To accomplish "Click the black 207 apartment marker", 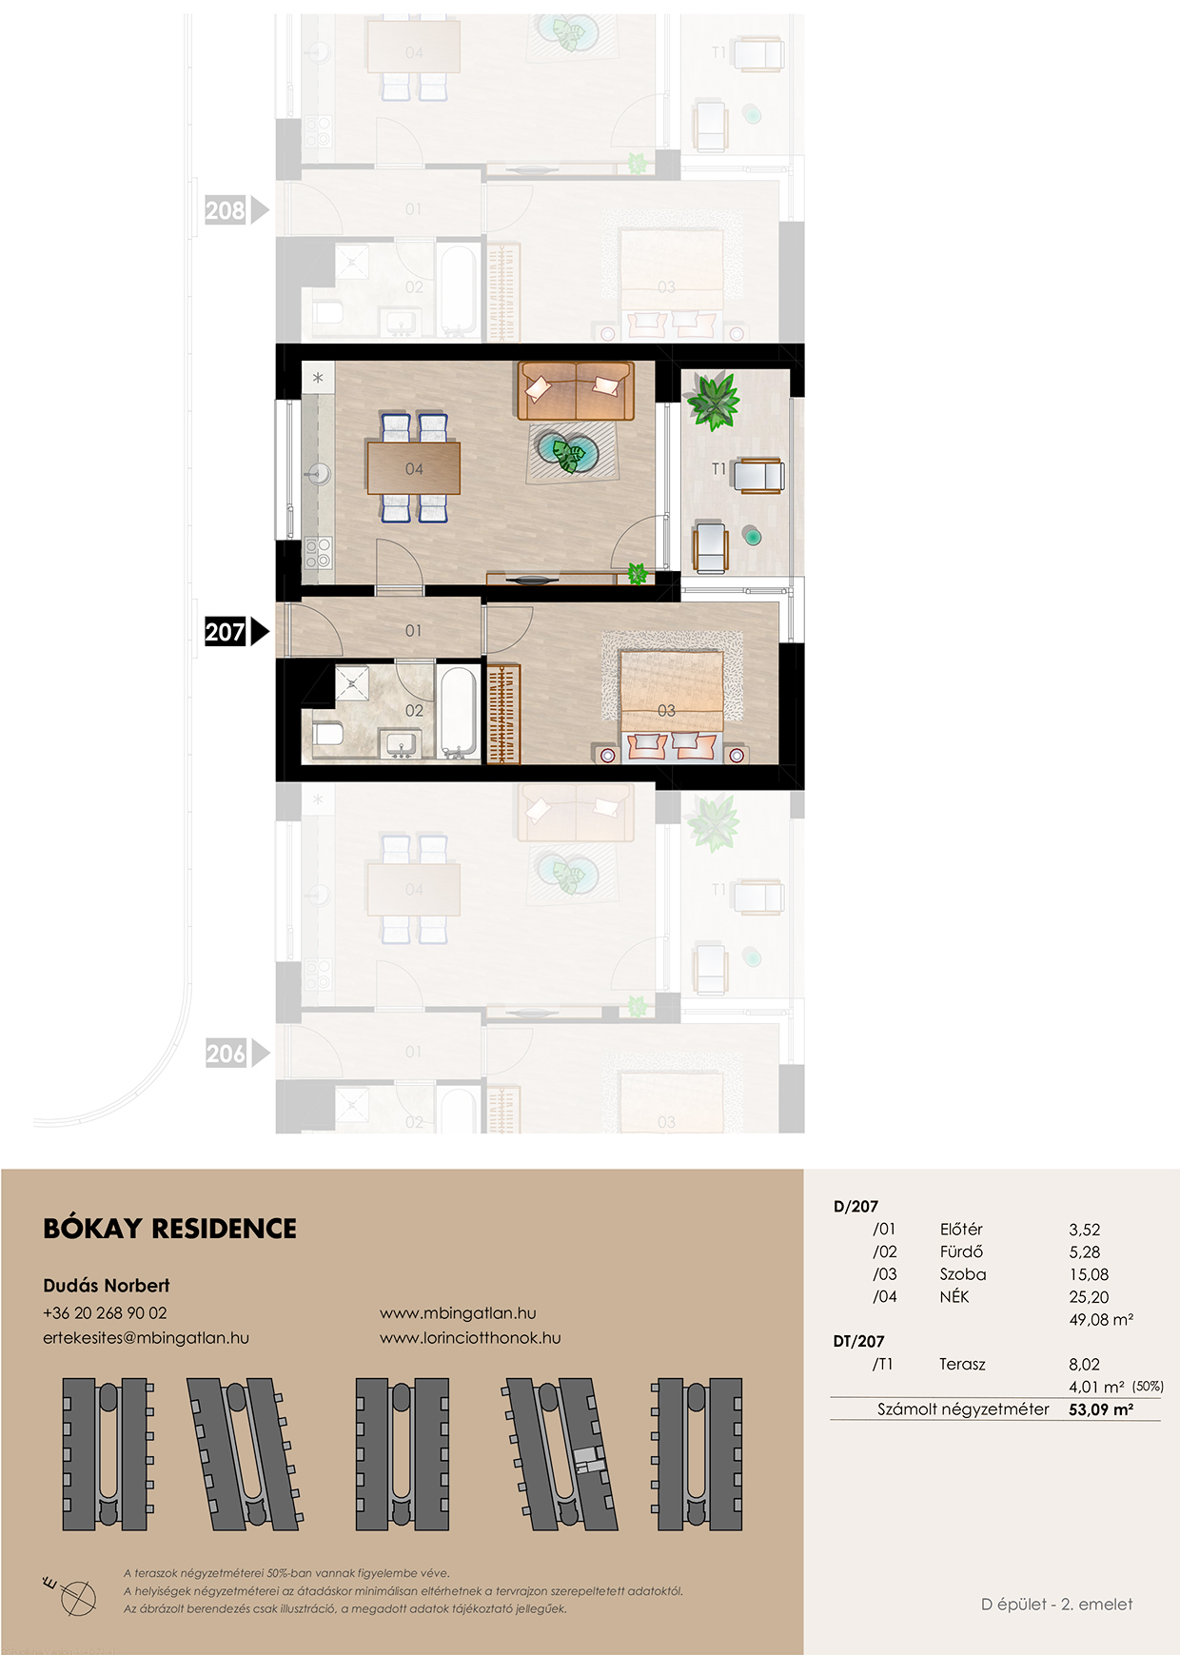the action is click(x=237, y=632).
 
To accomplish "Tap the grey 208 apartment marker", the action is click(x=237, y=210).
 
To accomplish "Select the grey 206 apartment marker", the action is click(x=237, y=1054).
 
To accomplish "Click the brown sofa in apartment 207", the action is click(x=576, y=390).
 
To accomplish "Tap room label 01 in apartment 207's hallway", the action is click(x=413, y=631).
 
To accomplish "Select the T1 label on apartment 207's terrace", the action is click(x=718, y=468).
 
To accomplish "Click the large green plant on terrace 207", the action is click(x=713, y=401).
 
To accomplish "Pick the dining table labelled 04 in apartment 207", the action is click(x=414, y=468).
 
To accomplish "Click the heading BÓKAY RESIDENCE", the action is click(x=170, y=1229).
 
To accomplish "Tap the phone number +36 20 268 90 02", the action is click(x=105, y=1313).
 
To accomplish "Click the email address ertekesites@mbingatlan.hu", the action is click(x=146, y=1338).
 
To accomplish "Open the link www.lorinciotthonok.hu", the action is click(x=470, y=1338).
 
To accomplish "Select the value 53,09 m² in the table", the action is click(x=1101, y=1410).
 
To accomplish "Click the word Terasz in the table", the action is click(x=962, y=1365).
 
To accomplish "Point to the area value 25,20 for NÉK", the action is click(x=1089, y=1297).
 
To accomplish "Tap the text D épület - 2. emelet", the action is click(x=1057, y=1605).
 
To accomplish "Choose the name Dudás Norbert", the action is click(x=107, y=1286).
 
